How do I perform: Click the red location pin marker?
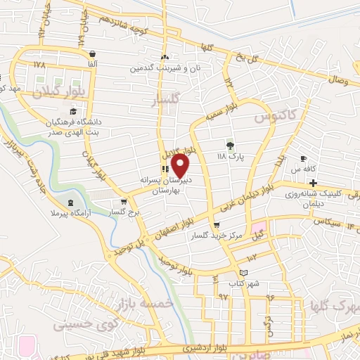(x=181, y=165)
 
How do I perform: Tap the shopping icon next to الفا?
(x=92, y=53)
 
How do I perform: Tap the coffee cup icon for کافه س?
(x=304, y=159)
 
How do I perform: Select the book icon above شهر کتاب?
(x=243, y=272)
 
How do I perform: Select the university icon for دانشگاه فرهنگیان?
(x=72, y=112)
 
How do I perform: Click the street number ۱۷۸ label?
(x=38, y=64)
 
